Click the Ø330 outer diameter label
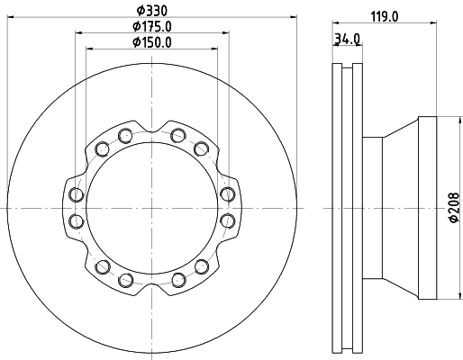tap(151, 11)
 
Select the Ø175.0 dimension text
tap(151, 26)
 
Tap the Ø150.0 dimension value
tap(151, 41)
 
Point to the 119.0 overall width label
tap(385, 14)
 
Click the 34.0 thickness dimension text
tap(348, 39)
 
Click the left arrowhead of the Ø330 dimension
tap(9, 19)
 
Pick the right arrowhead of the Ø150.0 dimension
tap(217, 49)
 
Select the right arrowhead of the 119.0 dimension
tap(435, 22)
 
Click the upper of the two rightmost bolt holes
tap(227, 194)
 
